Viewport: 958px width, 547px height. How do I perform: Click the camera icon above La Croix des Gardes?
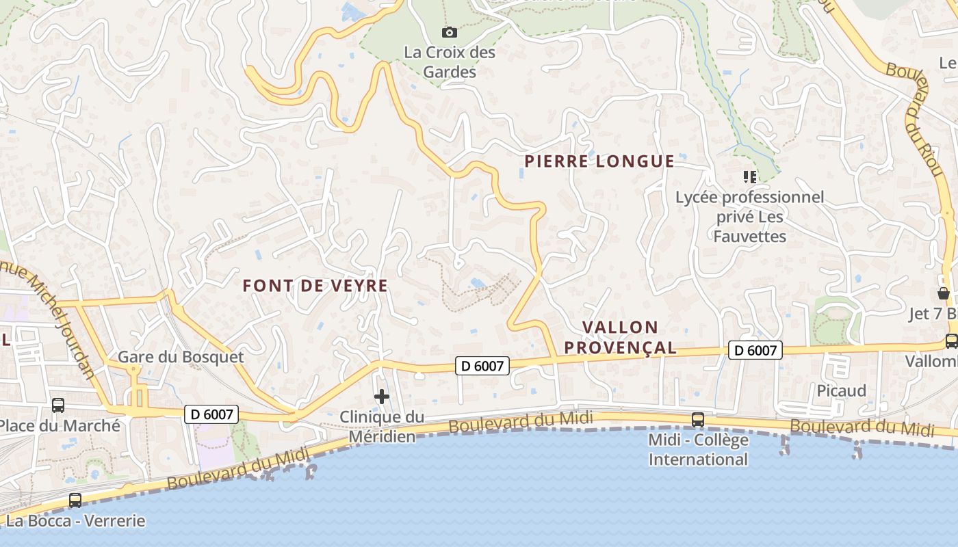[450, 32]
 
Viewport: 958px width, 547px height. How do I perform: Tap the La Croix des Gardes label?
[450, 62]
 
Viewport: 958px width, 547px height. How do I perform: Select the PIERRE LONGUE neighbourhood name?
[599, 161]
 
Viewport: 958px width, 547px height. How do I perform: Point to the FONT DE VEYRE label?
[315, 286]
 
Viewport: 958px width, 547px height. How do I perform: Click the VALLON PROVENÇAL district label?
[620, 337]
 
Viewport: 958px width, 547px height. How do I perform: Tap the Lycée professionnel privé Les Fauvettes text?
[750, 217]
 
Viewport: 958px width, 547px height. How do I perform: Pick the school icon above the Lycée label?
[750, 177]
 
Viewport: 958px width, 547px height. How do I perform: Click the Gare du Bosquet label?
[181, 357]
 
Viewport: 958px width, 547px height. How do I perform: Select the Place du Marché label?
[60, 425]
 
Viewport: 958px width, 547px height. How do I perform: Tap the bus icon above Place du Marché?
[58, 405]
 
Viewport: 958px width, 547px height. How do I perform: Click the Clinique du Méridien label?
[382, 426]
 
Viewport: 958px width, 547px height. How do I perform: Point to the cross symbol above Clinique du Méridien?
[382, 397]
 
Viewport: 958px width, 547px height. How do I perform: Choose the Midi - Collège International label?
[698, 449]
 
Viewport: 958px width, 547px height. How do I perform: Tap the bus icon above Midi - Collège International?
[698, 420]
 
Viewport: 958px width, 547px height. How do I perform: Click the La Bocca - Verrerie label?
[75, 521]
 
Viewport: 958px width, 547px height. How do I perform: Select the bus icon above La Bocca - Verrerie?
[75, 501]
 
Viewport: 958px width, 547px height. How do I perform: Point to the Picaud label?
[842, 390]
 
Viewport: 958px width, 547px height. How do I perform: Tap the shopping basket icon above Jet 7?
[944, 293]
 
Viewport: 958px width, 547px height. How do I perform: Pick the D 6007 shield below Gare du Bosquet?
[211, 414]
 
